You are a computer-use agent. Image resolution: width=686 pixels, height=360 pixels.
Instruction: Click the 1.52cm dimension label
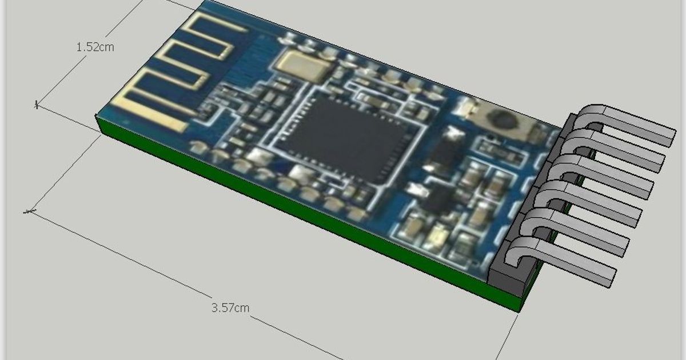click(x=95, y=47)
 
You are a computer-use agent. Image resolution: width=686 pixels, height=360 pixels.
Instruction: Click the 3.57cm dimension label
click(x=230, y=308)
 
